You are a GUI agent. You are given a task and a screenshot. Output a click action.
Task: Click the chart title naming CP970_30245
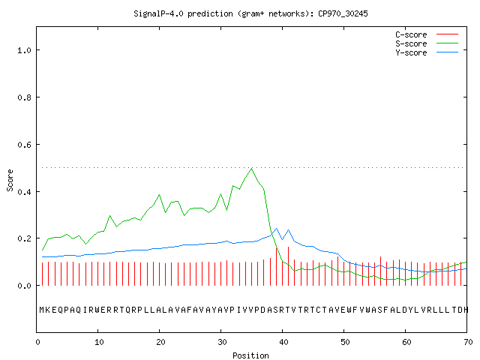click(x=250, y=13)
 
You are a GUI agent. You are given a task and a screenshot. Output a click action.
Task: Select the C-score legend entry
click(x=427, y=34)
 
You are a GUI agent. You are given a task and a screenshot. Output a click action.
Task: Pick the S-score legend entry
click(x=427, y=43)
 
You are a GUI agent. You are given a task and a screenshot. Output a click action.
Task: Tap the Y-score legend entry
click(x=427, y=52)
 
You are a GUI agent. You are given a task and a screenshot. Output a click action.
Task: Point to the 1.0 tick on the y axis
click(x=25, y=50)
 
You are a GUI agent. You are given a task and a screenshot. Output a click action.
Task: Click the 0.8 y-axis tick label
click(x=25, y=97)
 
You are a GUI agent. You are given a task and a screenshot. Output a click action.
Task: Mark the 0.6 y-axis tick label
click(x=25, y=145)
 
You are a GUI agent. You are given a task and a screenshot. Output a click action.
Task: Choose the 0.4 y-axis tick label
click(x=25, y=192)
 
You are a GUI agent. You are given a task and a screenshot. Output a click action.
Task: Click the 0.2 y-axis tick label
click(x=25, y=238)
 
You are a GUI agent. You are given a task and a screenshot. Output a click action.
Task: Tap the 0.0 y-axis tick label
click(x=25, y=286)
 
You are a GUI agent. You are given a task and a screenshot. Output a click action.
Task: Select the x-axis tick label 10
click(x=99, y=342)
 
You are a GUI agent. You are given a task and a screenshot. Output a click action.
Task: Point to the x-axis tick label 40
click(x=283, y=342)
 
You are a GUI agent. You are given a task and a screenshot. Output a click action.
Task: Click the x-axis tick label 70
click(x=468, y=342)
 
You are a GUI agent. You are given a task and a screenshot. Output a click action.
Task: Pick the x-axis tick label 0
click(x=37, y=342)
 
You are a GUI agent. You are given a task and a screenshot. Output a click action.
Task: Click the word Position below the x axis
click(x=250, y=355)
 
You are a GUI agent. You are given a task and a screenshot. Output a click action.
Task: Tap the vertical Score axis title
click(x=10, y=180)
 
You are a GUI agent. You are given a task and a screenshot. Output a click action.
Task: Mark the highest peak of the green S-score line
click(x=252, y=168)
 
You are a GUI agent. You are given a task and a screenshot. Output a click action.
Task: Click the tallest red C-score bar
click(x=288, y=266)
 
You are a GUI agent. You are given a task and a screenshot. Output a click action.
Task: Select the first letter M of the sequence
click(x=42, y=310)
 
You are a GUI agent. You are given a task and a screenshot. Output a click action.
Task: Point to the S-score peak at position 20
click(x=159, y=195)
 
